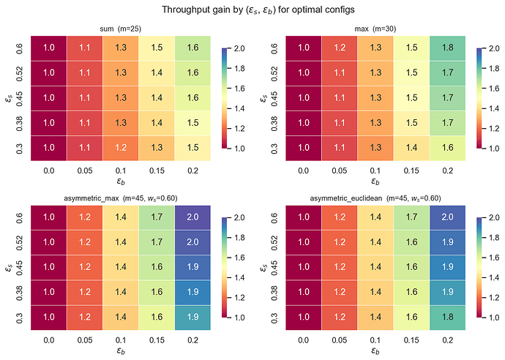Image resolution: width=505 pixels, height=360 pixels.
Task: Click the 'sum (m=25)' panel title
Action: click(121, 29)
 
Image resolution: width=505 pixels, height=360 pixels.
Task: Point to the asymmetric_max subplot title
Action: click(121, 198)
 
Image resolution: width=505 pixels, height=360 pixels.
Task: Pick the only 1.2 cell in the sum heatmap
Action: click(121, 146)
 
